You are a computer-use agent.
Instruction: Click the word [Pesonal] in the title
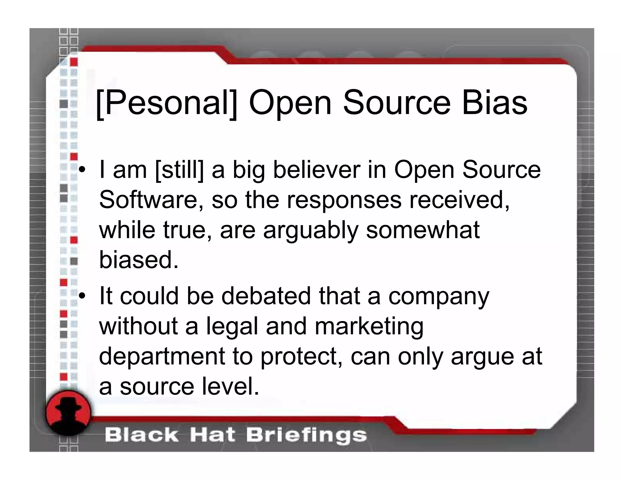tap(166, 103)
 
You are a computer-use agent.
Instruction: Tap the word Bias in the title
tap(495, 103)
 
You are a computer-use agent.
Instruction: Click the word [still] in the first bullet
tap(179, 170)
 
